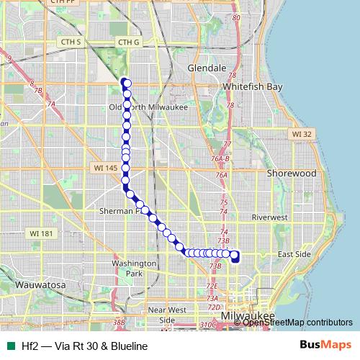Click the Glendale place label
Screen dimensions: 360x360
[x=207, y=67]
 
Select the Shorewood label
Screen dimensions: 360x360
[x=291, y=174]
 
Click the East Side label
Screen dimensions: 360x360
[x=294, y=254]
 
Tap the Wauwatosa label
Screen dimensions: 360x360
[x=39, y=285]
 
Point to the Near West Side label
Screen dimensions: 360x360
[x=167, y=315]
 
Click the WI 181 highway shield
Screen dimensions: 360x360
[x=41, y=233]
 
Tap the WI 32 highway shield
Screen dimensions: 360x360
[x=302, y=134]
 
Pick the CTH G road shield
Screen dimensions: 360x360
[x=128, y=42]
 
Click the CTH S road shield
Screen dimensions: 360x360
[x=70, y=42]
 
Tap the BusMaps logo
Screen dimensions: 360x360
[x=326, y=346]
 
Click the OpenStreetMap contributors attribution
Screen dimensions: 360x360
[x=297, y=323]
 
